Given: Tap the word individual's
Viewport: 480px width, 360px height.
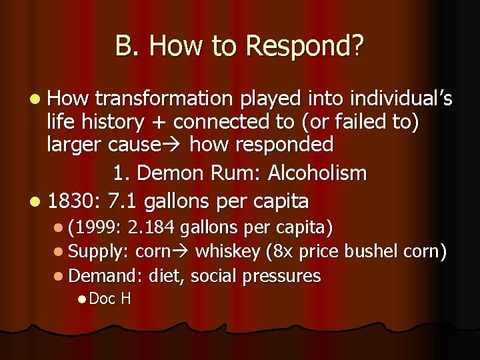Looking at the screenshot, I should click(x=398, y=99).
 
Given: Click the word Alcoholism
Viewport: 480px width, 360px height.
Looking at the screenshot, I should click(x=317, y=173).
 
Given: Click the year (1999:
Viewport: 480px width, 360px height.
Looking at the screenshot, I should click(x=95, y=228).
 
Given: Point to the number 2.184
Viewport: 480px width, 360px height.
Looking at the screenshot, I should click(x=152, y=228).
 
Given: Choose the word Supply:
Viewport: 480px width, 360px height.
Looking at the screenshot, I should click(x=99, y=252).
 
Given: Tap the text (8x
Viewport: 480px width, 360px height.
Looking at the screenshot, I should click(x=278, y=252).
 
